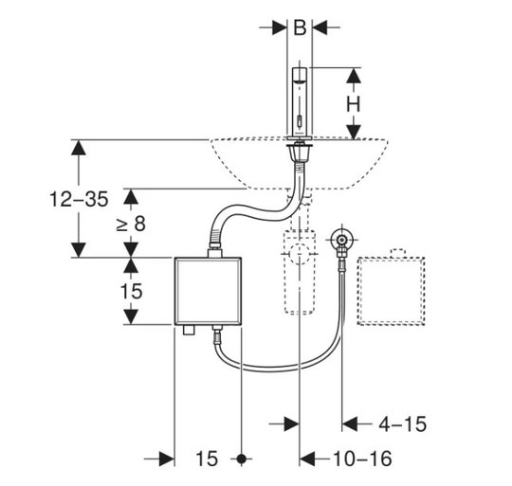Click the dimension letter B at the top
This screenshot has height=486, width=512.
click(x=300, y=27)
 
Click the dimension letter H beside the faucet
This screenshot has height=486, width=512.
click(x=354, y=104)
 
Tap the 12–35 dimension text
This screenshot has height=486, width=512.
click(x=79, y=199)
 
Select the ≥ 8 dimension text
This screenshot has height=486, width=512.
click(x=131, y=225)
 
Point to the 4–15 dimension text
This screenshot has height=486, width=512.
click(x=403, y=424)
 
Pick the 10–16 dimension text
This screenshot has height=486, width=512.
click(x=362, y=459)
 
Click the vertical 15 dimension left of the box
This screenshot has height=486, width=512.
click(x=131, y=291)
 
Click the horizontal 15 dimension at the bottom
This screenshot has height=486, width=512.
click(x=207, y=459)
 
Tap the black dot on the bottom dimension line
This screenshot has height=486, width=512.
click(x=242, y=459)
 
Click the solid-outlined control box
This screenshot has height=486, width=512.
click(x=208, y=291)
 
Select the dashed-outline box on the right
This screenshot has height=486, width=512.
click(x=392, y=291)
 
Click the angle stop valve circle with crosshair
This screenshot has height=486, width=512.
click(x=341, y=239)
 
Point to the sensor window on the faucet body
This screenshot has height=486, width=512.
click(x=300, y=121)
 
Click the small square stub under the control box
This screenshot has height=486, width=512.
click(x=189, y=330)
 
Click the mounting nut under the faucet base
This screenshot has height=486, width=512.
click(x=299, y=153)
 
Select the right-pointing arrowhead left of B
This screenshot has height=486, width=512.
click(x=280, y=27)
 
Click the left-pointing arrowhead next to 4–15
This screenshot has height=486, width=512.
click(x=349, y=424)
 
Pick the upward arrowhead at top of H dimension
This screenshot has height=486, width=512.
click(x=354, y=76)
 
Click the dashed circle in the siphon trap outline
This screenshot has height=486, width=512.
click(x=299, y=253)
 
